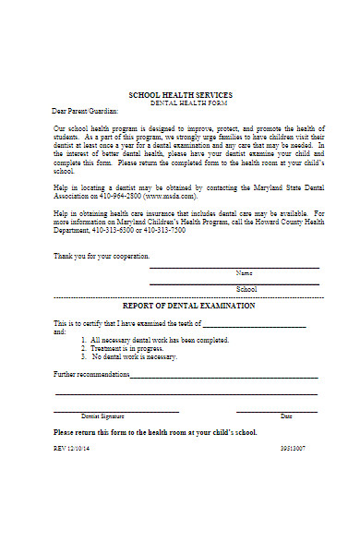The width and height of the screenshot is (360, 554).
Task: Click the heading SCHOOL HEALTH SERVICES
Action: [x=180, y=95]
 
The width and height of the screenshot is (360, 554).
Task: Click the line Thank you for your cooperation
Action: [x=102, y=256]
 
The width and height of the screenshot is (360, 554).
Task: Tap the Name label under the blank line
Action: [x=245, y=273]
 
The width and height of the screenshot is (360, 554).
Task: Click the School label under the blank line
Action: [x=246, y=289]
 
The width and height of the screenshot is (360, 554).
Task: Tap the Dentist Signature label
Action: [x=102, y=416]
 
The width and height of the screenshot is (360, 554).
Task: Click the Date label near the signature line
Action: [x=286, y=416]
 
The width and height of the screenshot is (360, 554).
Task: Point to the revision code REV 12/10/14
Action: [x=74, y=448]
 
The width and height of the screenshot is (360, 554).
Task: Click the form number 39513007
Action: [x=293, y=448]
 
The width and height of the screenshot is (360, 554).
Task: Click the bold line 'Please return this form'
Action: [x=155, y=432]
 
